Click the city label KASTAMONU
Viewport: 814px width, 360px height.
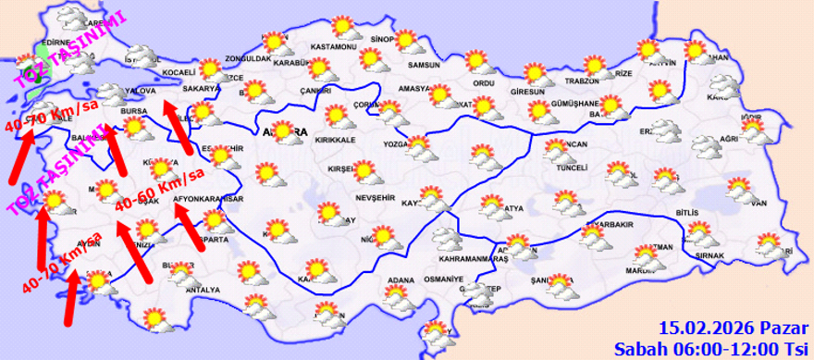click(334, 46)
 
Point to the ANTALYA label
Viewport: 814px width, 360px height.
click(203, 290)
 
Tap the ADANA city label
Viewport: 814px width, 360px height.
click(400, 279)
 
